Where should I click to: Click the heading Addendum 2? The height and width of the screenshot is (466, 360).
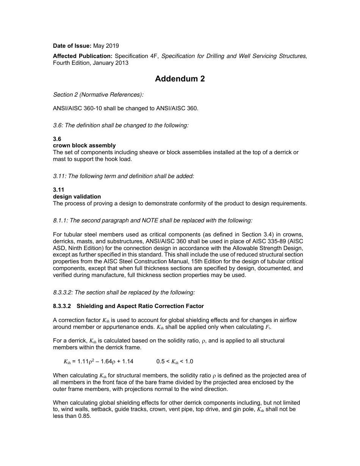point(180,79)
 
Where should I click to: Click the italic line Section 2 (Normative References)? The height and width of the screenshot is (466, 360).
point(98,95)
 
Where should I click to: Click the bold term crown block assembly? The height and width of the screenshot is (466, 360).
point(84,145)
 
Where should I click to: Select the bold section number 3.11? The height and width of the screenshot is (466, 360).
point(58,190)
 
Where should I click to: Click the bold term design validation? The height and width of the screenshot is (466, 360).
point(77,197)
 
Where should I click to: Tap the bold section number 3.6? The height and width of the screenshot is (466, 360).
point(57,139)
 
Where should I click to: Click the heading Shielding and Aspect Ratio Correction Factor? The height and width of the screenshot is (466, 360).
point(140,306)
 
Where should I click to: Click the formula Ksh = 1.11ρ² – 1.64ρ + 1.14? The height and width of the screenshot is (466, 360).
point(98,361)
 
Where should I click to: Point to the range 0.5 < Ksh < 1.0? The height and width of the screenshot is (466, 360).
point(175,361)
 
